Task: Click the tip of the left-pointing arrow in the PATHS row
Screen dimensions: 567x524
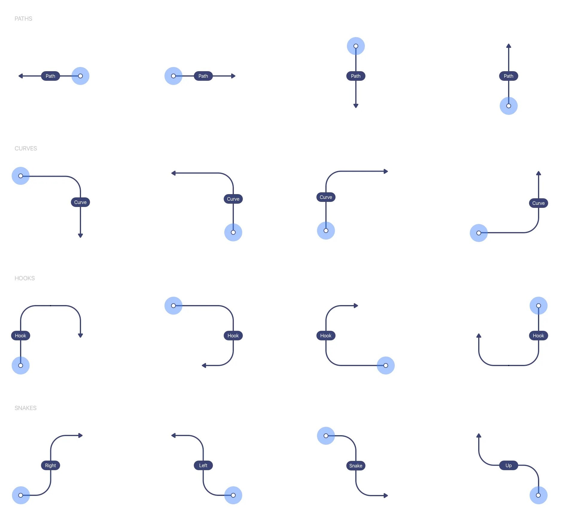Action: [19, 76]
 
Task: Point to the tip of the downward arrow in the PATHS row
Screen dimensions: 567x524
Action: [356, 108]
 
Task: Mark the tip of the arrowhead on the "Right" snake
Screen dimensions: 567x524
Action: [83, 435]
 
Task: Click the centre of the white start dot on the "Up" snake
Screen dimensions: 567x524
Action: [538, 495]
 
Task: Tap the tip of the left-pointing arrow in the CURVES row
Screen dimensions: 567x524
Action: [171, 173]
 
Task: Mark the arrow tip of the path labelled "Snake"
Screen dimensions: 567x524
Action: [388, 496]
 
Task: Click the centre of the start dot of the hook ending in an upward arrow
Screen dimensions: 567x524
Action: [539, 306]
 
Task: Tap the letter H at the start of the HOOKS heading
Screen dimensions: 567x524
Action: [16, 278]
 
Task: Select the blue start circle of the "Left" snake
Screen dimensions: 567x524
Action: [233, 495]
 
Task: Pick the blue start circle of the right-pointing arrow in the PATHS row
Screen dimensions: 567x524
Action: [173, 76]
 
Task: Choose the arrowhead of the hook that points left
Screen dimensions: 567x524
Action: [204, 365]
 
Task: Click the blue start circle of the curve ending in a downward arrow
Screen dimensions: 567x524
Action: [21, 176]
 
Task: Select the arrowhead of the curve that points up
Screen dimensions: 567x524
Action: [539, 173]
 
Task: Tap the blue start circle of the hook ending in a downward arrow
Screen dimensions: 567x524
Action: [21, 365]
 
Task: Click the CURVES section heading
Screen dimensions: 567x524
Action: [26, 148]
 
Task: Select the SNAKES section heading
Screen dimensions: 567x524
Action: [25, 408]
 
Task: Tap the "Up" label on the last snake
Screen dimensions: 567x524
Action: [509, 465]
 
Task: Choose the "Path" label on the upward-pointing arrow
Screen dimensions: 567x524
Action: [509, 76]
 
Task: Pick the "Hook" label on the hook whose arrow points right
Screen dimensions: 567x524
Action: [326, 336]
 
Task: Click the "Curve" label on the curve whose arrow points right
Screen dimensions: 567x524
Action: [326, 197]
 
